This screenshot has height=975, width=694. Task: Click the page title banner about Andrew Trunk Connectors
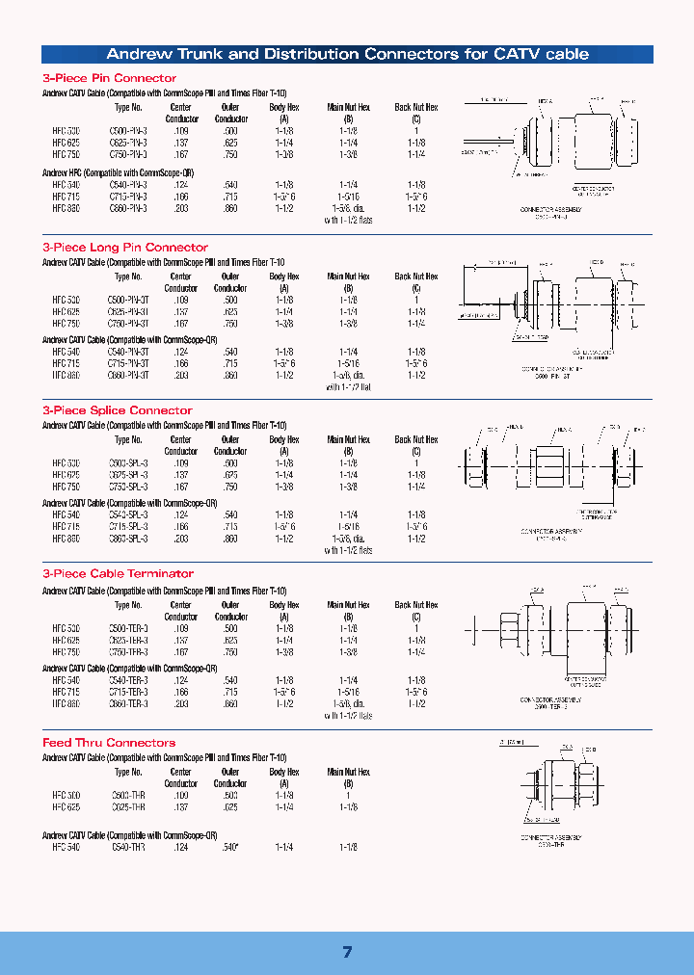click(347, 54)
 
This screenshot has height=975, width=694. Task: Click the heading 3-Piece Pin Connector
click(109, 78)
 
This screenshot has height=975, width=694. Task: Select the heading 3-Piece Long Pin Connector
click(125, 248)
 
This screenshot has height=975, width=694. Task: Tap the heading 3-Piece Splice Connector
click(118, 410)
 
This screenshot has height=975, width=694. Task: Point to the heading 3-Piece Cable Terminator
click(119, 573)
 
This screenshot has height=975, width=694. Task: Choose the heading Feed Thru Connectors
click(109, 743)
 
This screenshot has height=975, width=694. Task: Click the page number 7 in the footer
click(347, 952)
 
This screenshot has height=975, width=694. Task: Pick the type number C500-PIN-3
click(129, 130)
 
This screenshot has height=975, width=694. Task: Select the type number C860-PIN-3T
click(131, 374)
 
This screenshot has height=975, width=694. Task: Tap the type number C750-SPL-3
click(129, 486)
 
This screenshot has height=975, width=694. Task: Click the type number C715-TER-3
click(129, 692)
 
